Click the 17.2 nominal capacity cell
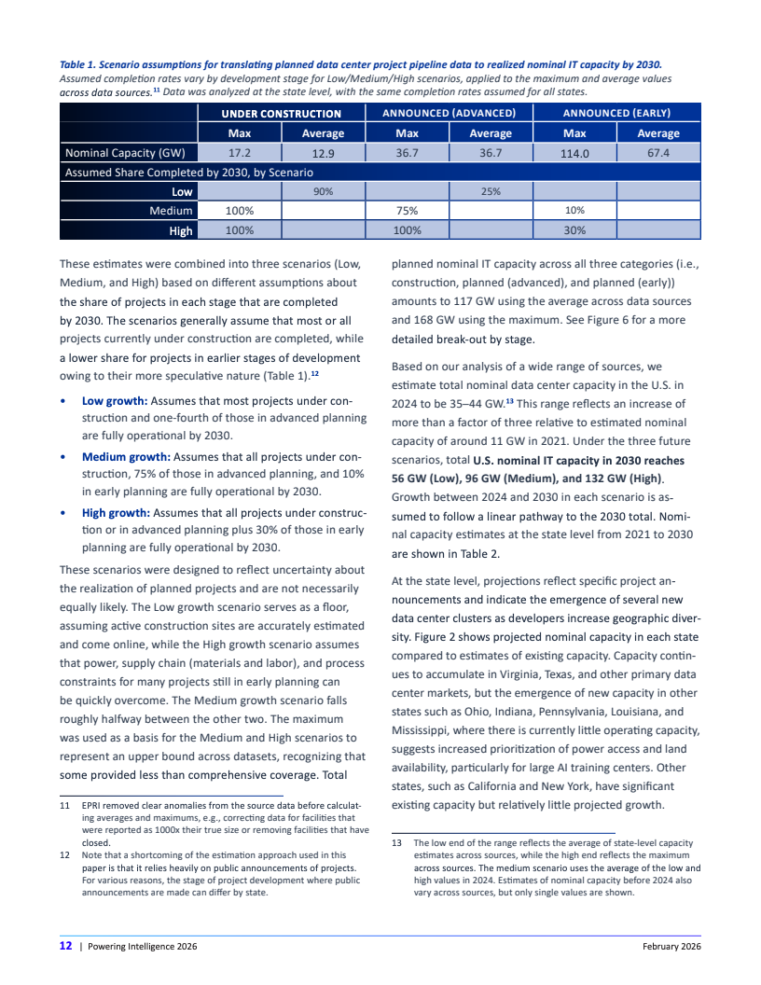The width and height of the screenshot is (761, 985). (240, 152)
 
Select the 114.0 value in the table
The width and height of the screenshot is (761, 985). (574, 153)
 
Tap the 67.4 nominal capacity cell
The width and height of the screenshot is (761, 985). (658, 152)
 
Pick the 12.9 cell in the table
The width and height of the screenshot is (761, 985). (324, 153)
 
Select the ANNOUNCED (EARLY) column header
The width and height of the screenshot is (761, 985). (616, 113)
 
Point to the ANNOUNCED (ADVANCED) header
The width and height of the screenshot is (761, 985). (449, 113)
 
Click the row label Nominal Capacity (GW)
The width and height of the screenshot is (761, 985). (126, 152)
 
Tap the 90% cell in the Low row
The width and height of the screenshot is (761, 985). (324, 191)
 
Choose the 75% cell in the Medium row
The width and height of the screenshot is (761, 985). (407, 211)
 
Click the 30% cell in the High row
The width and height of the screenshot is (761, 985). (574, 230)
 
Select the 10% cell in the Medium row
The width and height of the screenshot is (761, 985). (574, 211)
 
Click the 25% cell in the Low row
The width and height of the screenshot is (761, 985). (491, 191)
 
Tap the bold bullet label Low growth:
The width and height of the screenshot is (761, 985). (115, 401)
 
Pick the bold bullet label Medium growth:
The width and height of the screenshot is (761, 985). (124, 457)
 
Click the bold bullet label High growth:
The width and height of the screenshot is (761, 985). (116, 513)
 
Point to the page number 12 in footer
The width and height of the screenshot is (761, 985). (66, 946)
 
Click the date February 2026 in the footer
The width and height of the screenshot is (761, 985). (671, 946)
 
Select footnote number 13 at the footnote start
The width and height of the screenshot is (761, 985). (395, 842)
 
